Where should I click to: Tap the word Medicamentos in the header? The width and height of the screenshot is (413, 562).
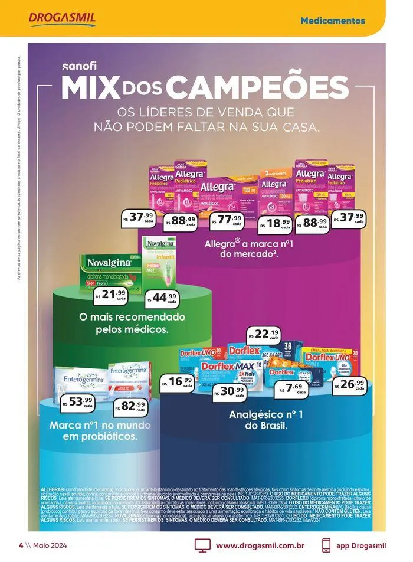(332, 21)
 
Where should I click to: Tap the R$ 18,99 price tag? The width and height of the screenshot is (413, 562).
(276, 223)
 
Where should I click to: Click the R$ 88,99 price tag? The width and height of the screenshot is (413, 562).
(313, 223)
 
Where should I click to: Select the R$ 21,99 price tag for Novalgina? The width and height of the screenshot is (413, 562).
(112, 295)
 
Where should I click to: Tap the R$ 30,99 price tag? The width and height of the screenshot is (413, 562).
(230, 393)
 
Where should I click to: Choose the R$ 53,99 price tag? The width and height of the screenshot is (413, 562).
(78, 403)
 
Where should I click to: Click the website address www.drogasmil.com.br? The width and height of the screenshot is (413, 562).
(260, 545)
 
